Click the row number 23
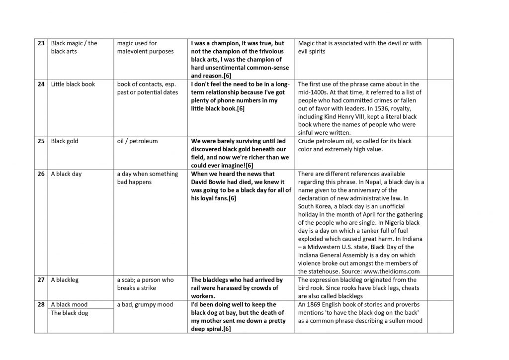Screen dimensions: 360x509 tap(42, 43)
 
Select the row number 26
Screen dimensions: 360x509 tap(42, 174)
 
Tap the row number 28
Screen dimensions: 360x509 tap(42, 304)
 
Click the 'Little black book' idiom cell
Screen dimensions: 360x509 tap(73, 84)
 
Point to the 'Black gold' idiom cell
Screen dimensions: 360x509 tap(65, 141)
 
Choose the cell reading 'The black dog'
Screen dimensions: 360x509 tap(70, 313)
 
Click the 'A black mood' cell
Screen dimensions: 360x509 tap(69, 304)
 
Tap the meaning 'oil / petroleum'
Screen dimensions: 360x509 tap(137, 141)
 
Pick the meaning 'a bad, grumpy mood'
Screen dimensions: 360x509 tap(145, 304)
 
